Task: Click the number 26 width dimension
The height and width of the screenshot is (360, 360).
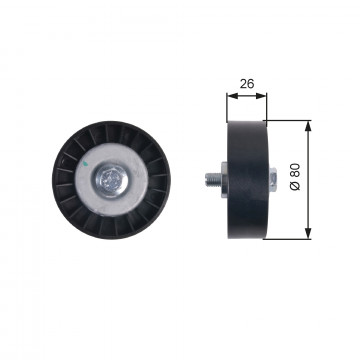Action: [x=247, y=84]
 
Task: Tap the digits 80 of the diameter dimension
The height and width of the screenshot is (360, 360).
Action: [x=296, y=172]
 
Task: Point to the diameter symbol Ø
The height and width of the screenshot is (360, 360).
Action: [x=296, y=187]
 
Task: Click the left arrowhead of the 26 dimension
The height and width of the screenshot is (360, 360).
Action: [x=232, y=96]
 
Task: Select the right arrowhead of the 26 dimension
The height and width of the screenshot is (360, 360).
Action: [x=261, y=96]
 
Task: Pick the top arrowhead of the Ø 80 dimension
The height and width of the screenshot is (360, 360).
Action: [x=308, y=126]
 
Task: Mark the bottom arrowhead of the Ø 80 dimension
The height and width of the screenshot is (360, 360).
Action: [x=308, y=233]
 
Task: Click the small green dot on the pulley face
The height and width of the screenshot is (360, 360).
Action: [x=85, y=163]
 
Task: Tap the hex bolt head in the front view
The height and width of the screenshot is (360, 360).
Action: [x=111, y=180]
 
